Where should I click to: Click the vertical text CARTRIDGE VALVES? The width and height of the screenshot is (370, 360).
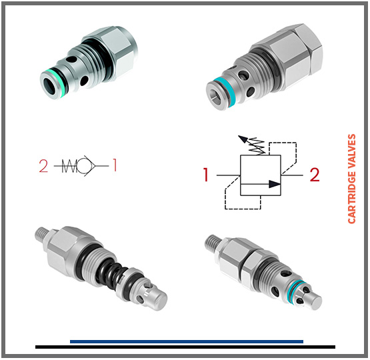point(352,178)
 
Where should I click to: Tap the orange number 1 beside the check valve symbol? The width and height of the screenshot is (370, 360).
point(114,165)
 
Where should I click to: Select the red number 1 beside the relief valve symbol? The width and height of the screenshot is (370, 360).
point(207,175)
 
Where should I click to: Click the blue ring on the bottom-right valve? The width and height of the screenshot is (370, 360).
point(295,287)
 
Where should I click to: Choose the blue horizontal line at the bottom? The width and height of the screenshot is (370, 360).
point(186,341)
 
